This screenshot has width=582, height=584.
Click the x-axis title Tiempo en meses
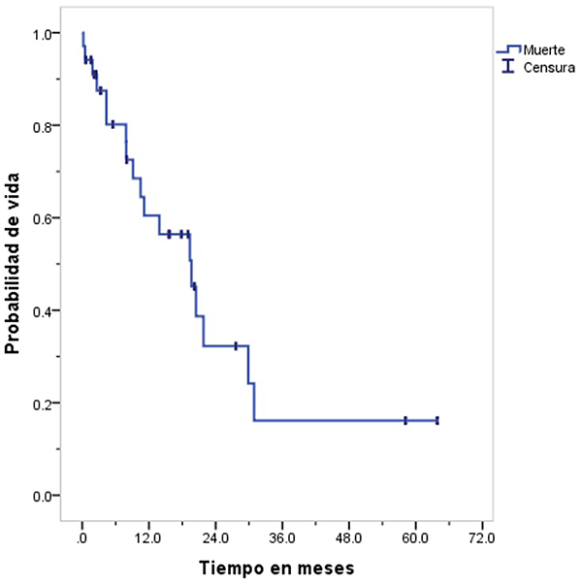point(276,566)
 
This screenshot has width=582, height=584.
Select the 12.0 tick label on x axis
point(148,536)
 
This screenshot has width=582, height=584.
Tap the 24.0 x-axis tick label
point(215,536)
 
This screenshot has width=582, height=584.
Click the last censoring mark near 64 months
point(437,420)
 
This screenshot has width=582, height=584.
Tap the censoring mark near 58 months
point(405,420)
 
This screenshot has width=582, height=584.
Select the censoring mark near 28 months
point(236,345)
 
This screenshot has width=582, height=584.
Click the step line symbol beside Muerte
point(508,49)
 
